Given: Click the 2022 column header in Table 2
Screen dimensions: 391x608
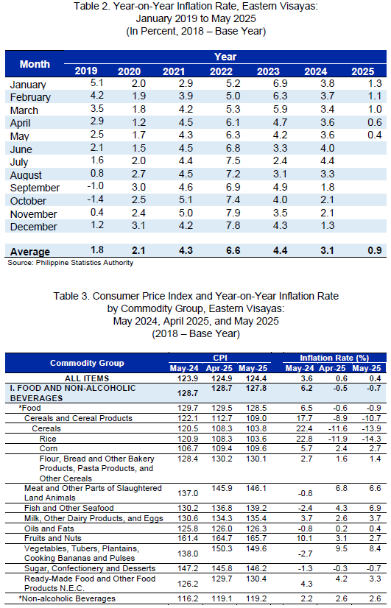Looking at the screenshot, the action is (x=221, y=71).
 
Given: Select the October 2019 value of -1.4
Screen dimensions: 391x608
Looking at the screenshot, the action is (x=95, y=199).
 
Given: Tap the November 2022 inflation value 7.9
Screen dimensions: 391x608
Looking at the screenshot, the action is (x=233, y=213).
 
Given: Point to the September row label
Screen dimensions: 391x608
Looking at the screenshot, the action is (x=35, y=188).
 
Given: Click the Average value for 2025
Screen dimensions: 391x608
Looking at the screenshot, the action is (x=375, y=250).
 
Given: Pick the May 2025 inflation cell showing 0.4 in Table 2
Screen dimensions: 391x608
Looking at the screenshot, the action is (x=375, y=135).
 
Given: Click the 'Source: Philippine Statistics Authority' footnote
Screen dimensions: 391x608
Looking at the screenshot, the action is (x=70, y=263).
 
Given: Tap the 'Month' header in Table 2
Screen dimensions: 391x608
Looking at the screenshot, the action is (x=35, y=64).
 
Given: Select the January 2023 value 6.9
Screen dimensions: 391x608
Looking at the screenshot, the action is (x=280, y=83).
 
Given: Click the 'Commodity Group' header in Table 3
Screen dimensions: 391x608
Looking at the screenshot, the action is (x=87, y=363).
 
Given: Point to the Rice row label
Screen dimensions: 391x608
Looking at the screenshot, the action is (x=48, y=439).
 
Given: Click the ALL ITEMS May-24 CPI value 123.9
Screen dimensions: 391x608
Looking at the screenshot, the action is (x=188, y=378).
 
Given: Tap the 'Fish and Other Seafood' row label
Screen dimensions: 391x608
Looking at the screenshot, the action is (x=68, y=508).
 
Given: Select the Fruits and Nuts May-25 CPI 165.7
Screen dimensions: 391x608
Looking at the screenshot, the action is (x=256, y=538).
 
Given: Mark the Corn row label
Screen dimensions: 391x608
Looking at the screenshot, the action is (x=49, y=448).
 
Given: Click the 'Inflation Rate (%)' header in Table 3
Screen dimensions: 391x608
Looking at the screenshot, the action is (x=334, y=358).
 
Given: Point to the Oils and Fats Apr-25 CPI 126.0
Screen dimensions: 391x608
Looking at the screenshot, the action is (x=222, y=529).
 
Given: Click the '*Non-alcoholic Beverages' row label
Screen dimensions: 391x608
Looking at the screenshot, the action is (x=67, y=598).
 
